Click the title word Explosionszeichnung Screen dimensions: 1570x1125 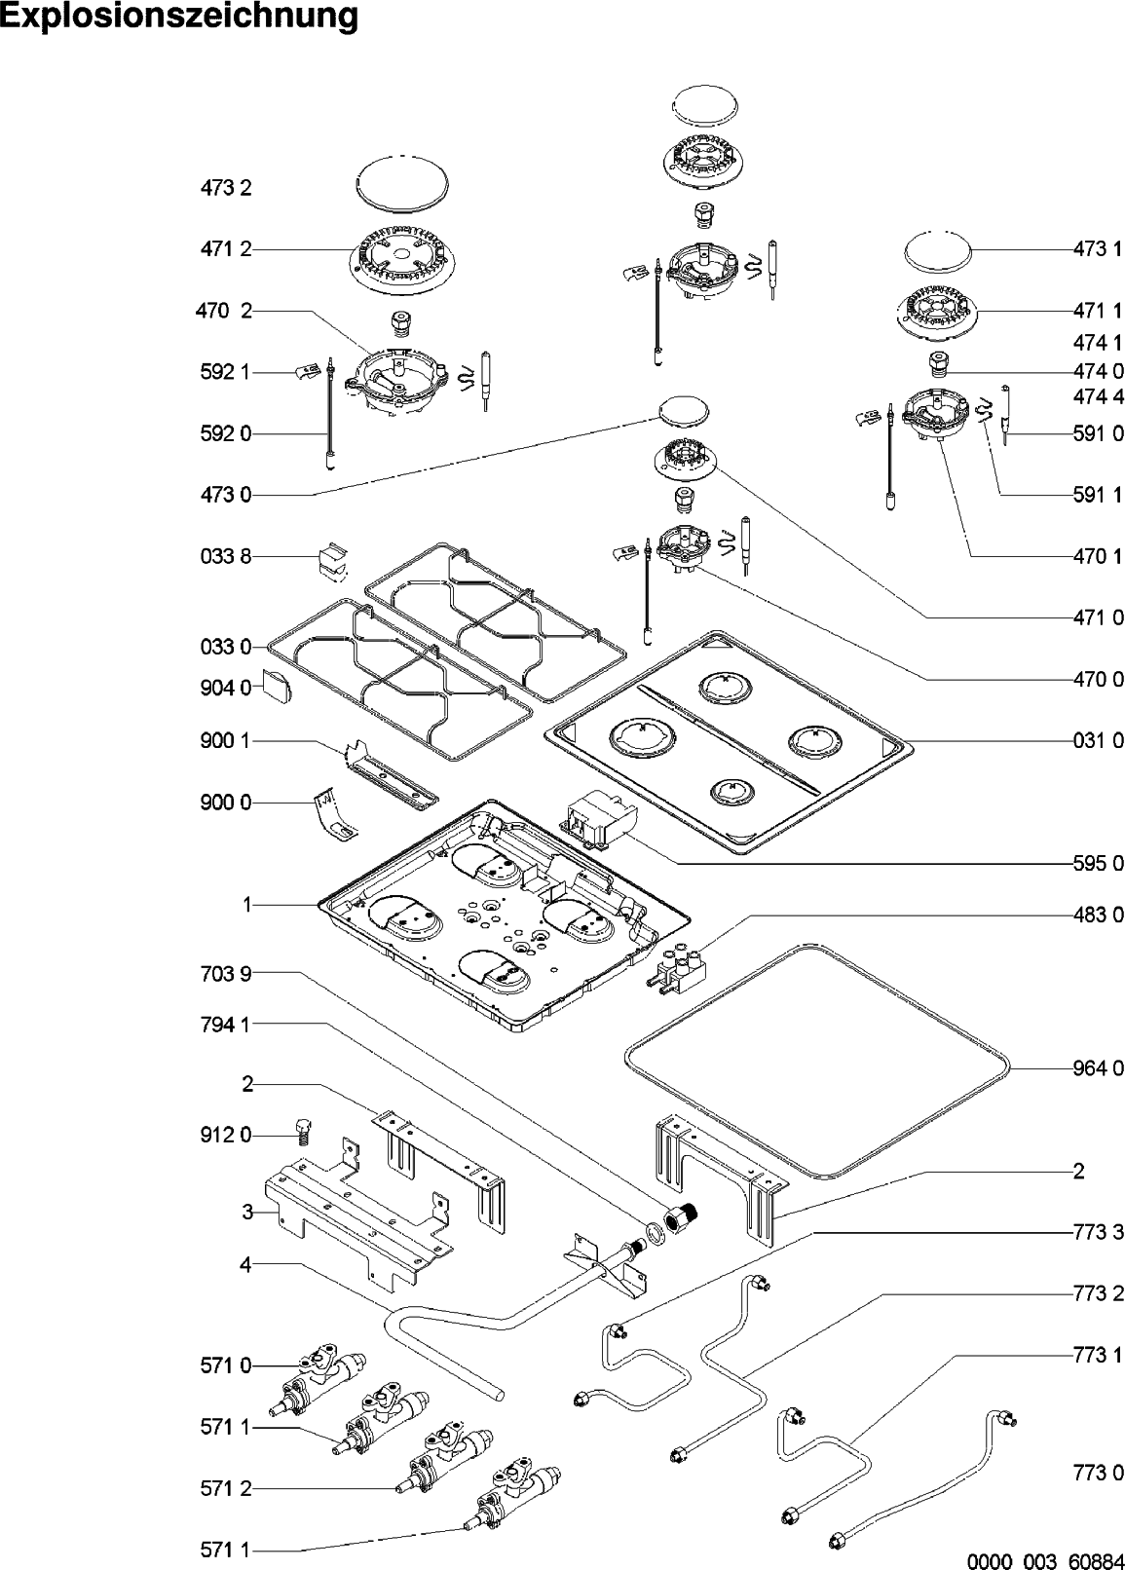tap(179, 18)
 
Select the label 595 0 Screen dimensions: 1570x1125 tap(1098, 863)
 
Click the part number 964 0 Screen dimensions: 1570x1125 tap(1098, 1068)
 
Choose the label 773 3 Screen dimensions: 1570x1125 tap(1098, 1232)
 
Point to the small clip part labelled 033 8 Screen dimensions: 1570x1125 tap(329, 560)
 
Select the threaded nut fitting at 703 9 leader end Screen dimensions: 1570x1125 tap(683, 1217)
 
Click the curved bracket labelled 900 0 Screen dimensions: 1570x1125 tap(333, 813)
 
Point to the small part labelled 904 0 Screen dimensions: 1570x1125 tap(277, 686)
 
